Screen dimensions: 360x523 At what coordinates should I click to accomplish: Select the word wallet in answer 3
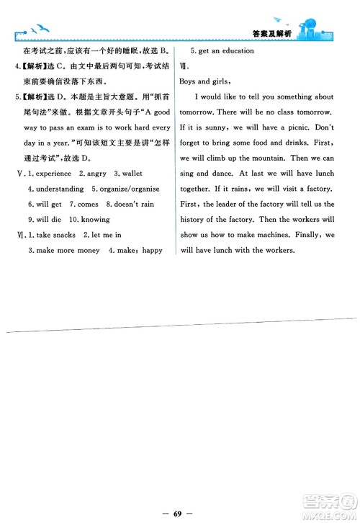point(132,174)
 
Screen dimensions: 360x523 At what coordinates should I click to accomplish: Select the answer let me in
point(106,235)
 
